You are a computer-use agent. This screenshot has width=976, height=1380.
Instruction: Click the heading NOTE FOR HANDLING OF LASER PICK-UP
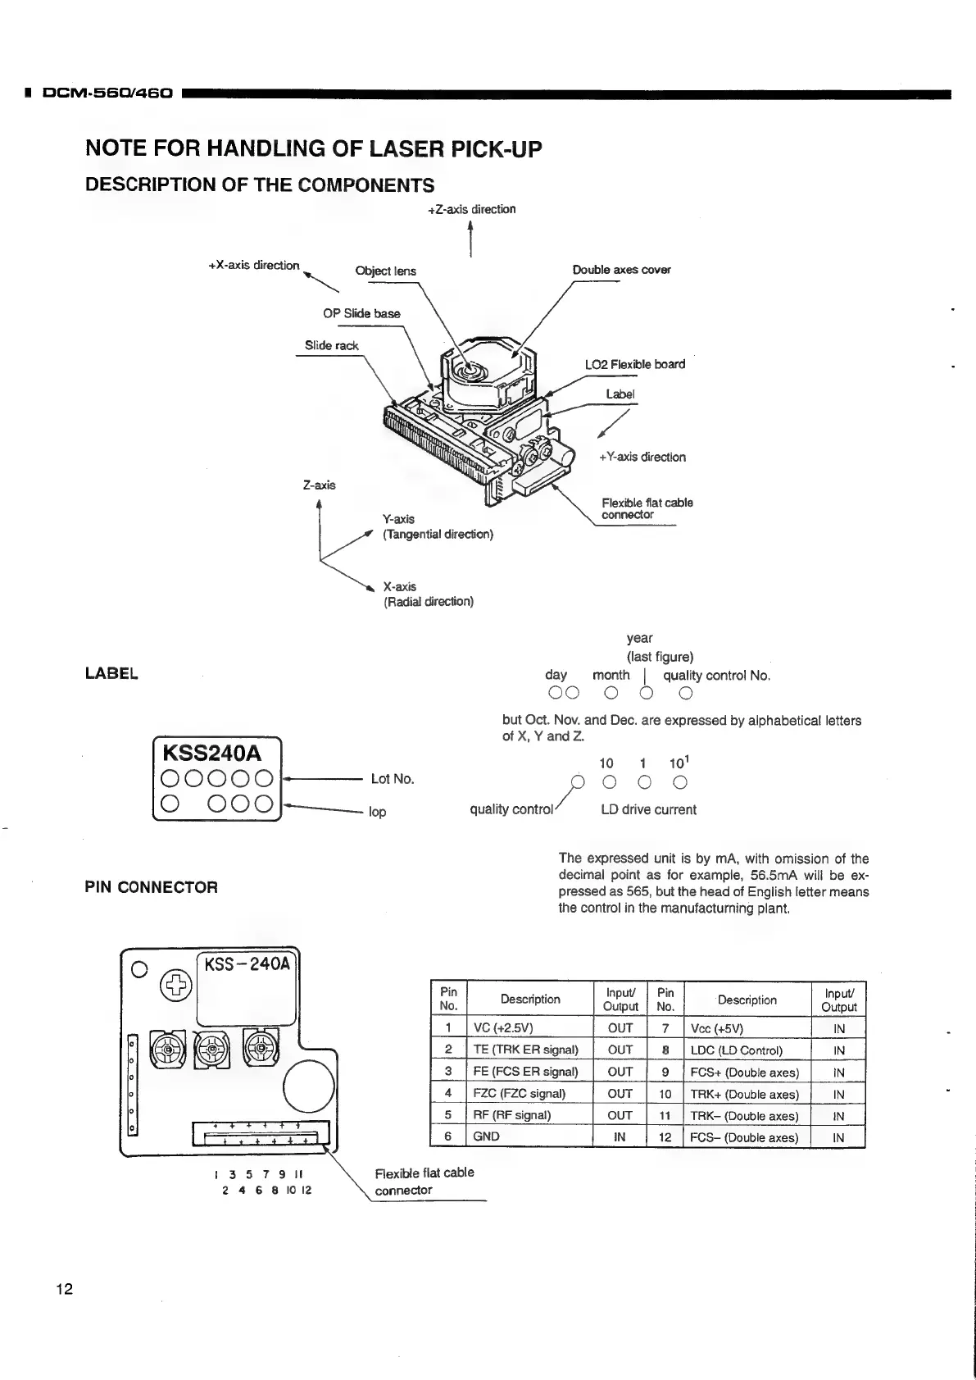(313, 149)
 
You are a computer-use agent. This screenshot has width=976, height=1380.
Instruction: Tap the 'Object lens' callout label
(385, 271)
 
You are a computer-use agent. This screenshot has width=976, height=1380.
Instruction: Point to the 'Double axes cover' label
(621, 270)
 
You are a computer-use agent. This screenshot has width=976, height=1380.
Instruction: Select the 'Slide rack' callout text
(331, 345)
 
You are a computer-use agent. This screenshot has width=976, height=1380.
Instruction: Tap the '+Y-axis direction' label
(642, 458)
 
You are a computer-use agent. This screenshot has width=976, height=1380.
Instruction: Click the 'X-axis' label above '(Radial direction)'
(400, 587)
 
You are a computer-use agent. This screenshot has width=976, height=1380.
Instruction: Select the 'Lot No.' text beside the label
(393, 779)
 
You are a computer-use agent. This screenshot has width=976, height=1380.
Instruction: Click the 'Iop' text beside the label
(377, 812)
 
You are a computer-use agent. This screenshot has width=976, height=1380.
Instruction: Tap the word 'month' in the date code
(611, 676)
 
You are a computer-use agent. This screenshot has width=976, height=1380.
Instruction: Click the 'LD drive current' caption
(648, 810)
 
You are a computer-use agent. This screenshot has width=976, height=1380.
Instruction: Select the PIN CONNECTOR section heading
(152, 887)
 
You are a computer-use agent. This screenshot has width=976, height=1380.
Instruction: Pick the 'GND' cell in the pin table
(486, 1137)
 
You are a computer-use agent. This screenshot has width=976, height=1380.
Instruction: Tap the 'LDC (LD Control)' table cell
(736, 1050)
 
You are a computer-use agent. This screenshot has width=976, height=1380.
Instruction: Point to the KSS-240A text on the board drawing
(247, 964)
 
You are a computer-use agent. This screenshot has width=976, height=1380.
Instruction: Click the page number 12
(64, 1289)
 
